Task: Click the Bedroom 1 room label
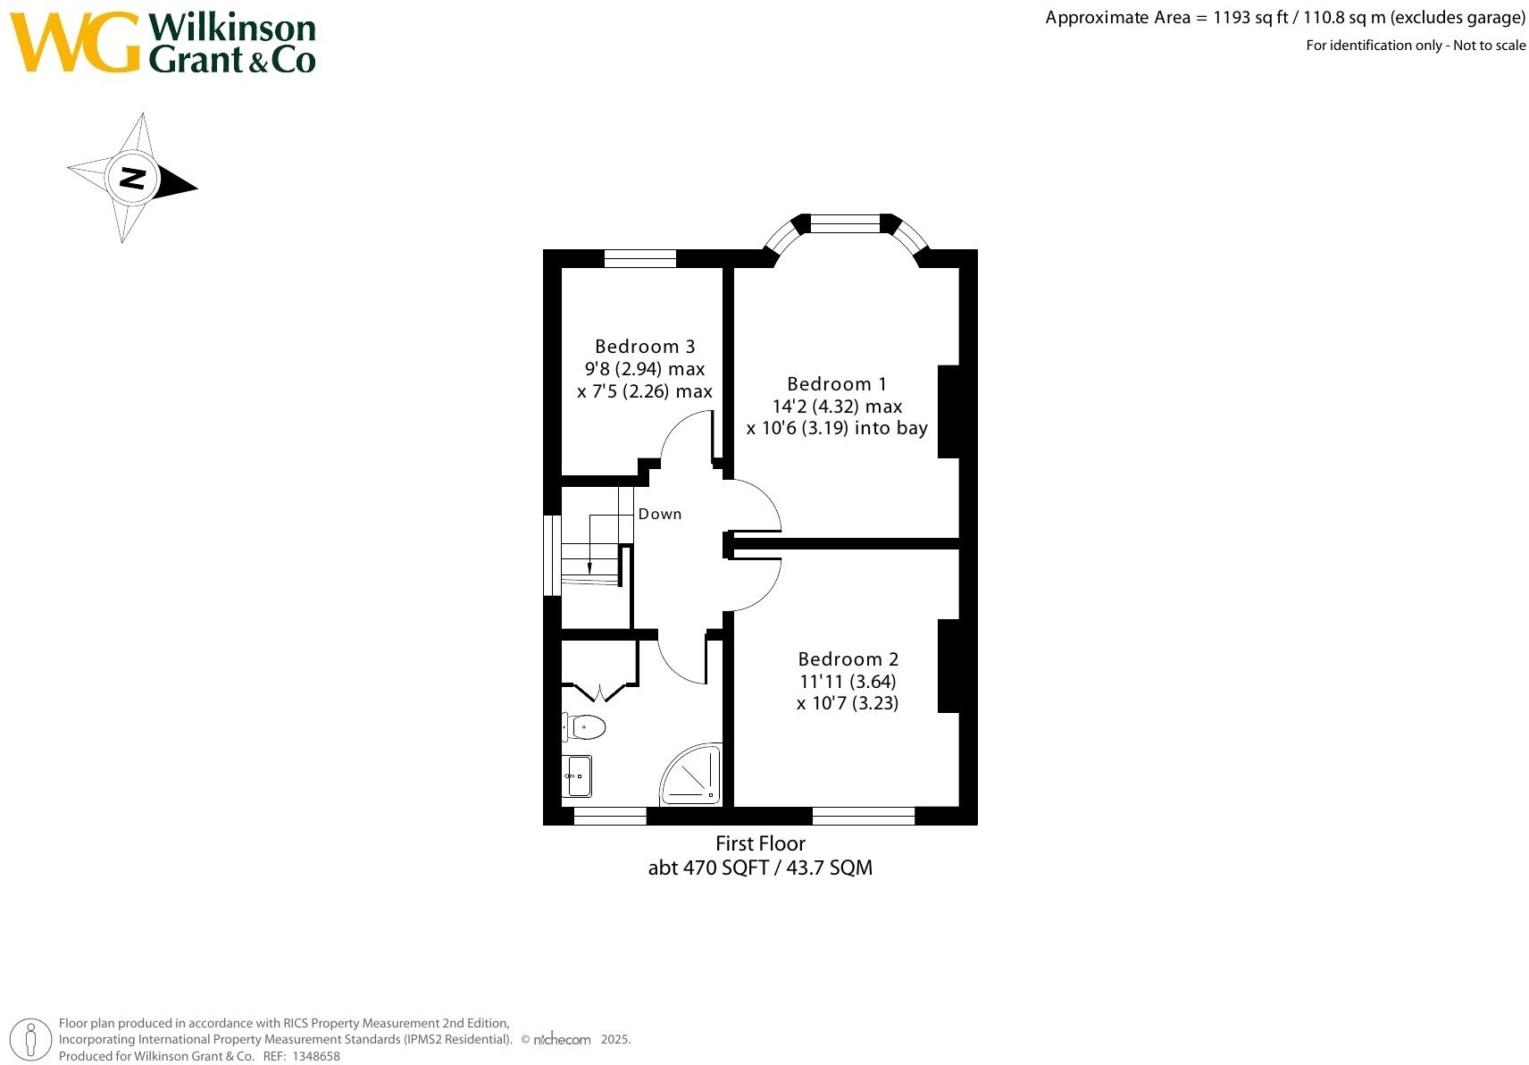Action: coord(836,384)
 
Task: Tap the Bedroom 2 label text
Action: coord(848,659)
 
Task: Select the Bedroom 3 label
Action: coord(644,347)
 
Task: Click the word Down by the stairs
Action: coord(659,514)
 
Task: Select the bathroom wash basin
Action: coord(577,776)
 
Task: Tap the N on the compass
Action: coord(132,178)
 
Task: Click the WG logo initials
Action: coord(75,43)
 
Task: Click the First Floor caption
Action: coord(760,843)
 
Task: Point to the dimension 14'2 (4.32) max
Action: coord(837,407)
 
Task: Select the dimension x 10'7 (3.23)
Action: coord(848,703)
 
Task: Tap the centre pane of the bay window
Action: coord(845,223)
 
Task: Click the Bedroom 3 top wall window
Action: coord(639,258)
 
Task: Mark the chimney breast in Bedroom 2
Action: coord(948,666)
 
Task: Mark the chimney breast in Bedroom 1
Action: coord(948,411)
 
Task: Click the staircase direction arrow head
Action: coord(589,567)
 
